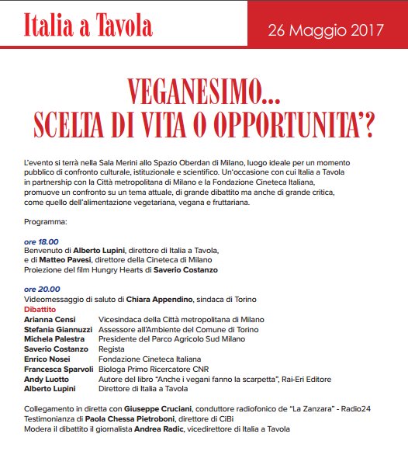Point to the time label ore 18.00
[41, 241]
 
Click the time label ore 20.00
[41, 288]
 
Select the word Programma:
[46, 221]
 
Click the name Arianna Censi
[50, 318]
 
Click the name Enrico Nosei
[49, 359]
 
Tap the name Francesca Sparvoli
[59, 369]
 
